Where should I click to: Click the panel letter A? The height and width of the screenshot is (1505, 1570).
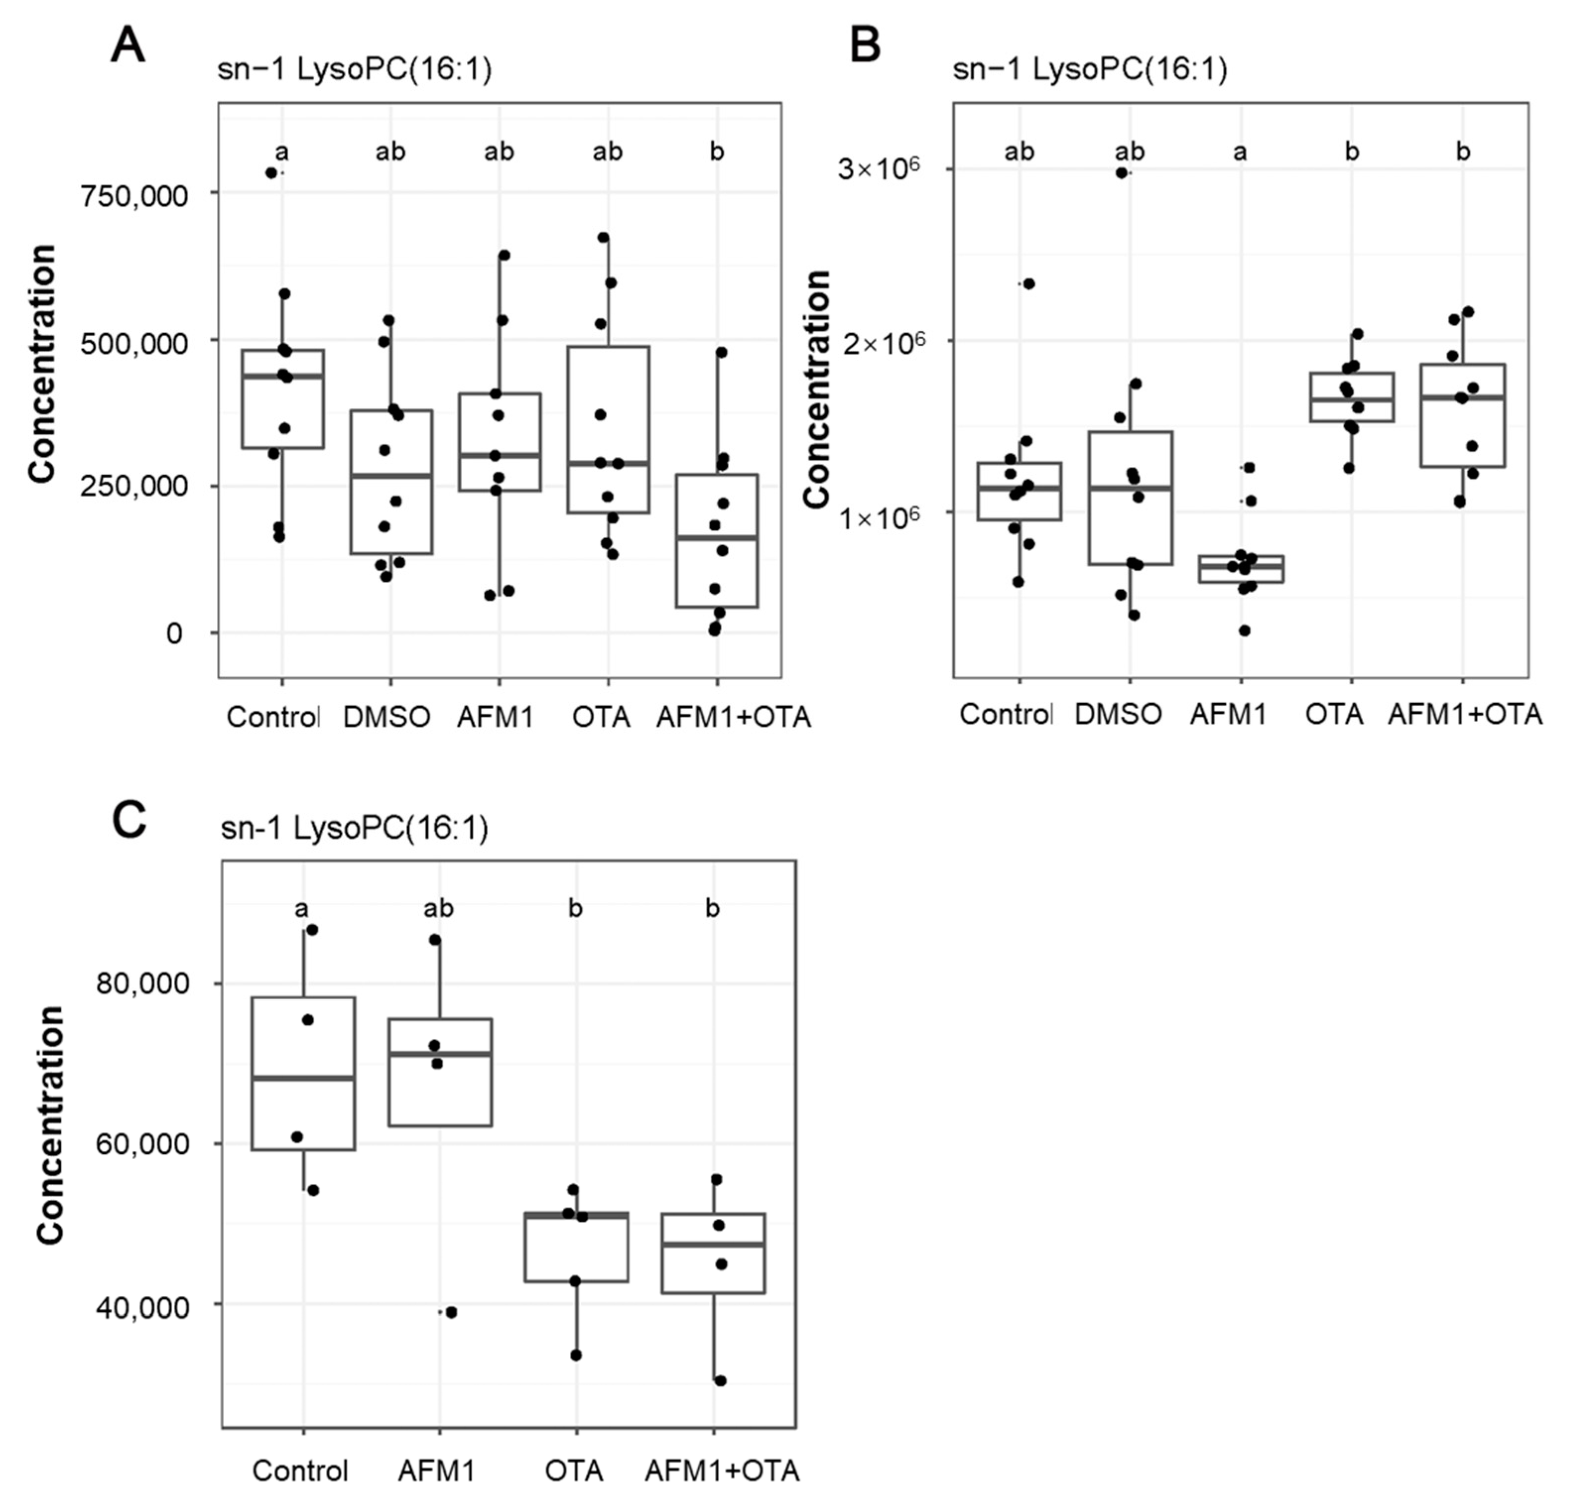click(x=127, y=46)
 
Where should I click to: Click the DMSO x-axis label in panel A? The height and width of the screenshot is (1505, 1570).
click(x=387, y=716)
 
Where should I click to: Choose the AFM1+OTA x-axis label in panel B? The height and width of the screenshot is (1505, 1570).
click(x=1464, y=714)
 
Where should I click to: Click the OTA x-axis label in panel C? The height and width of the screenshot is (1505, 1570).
click(x=574, y=1471)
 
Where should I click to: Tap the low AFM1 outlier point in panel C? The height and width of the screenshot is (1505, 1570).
click(x=451, y=1312)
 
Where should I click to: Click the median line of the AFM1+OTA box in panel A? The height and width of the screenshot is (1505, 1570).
click(x=716, y=537)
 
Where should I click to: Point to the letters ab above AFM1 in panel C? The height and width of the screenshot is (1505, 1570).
click(x=438, y=909)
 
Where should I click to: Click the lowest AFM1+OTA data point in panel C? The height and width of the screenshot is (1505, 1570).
click(x=720, y=1380)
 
